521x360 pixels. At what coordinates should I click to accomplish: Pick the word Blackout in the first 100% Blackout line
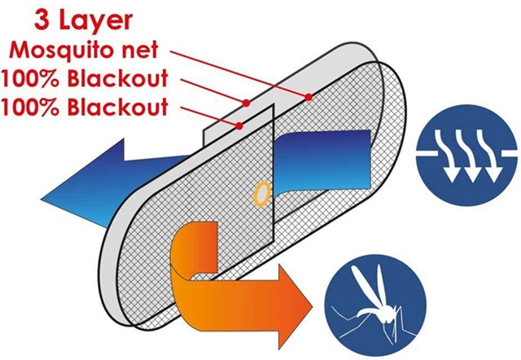117,79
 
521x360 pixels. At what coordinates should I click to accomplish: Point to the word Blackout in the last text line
117,107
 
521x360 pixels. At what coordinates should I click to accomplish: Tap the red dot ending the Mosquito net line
309,97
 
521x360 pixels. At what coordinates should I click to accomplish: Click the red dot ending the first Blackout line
246,103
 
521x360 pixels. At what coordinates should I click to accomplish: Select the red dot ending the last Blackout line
239,125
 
